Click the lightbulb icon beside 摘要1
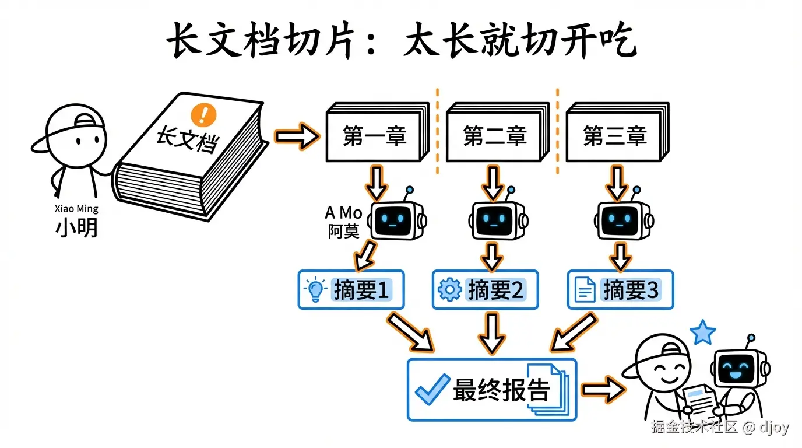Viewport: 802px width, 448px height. pyautogui.click(x=315, y=290)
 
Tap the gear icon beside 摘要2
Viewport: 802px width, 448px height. pyautogui.click(x=449, y=290)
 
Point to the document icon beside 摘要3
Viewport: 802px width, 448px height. pyautogui.click(x=585, y=290)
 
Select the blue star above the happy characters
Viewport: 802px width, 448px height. pyautogui.click(x=703, y=333)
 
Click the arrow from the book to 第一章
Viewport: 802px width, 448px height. pyautogui.click(x=297, y=136)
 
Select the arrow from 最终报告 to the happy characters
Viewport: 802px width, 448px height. pyautogui.click(x=603, y=390)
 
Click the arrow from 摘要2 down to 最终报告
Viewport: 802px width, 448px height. pyautogui.click(x=493, y=332)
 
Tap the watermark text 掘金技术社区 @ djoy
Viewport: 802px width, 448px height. pyautogui.click(x=720, y=427)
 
